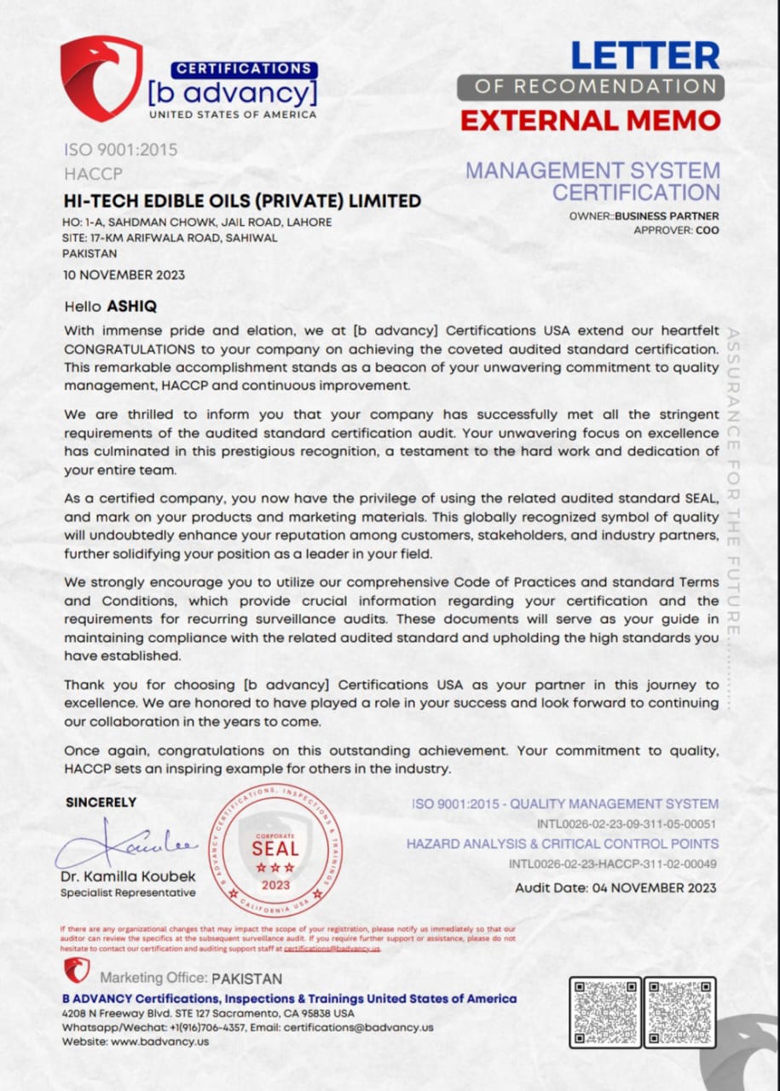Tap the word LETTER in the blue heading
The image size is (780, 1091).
pos(645,55)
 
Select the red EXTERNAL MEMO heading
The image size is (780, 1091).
pos(590,120)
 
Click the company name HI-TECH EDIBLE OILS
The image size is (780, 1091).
pos(242,201)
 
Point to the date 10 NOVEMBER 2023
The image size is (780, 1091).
pos(124,274)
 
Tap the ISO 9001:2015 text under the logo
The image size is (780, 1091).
pos(120,150)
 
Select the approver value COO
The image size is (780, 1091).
pos(708,230)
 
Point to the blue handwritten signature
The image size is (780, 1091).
pos(128,844)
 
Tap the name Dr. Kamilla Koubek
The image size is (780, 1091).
pos(128,876)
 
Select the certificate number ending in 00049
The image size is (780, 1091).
pos(613,863)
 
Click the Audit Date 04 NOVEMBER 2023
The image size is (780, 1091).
pos(615,887)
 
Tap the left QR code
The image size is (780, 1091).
pos(605,1012)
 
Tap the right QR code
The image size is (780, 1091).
pos(679,1012)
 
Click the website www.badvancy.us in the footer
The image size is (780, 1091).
pos(159,1041)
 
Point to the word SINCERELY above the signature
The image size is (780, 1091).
pos(101,802)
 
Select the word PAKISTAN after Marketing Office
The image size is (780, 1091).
pos(246,978)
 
